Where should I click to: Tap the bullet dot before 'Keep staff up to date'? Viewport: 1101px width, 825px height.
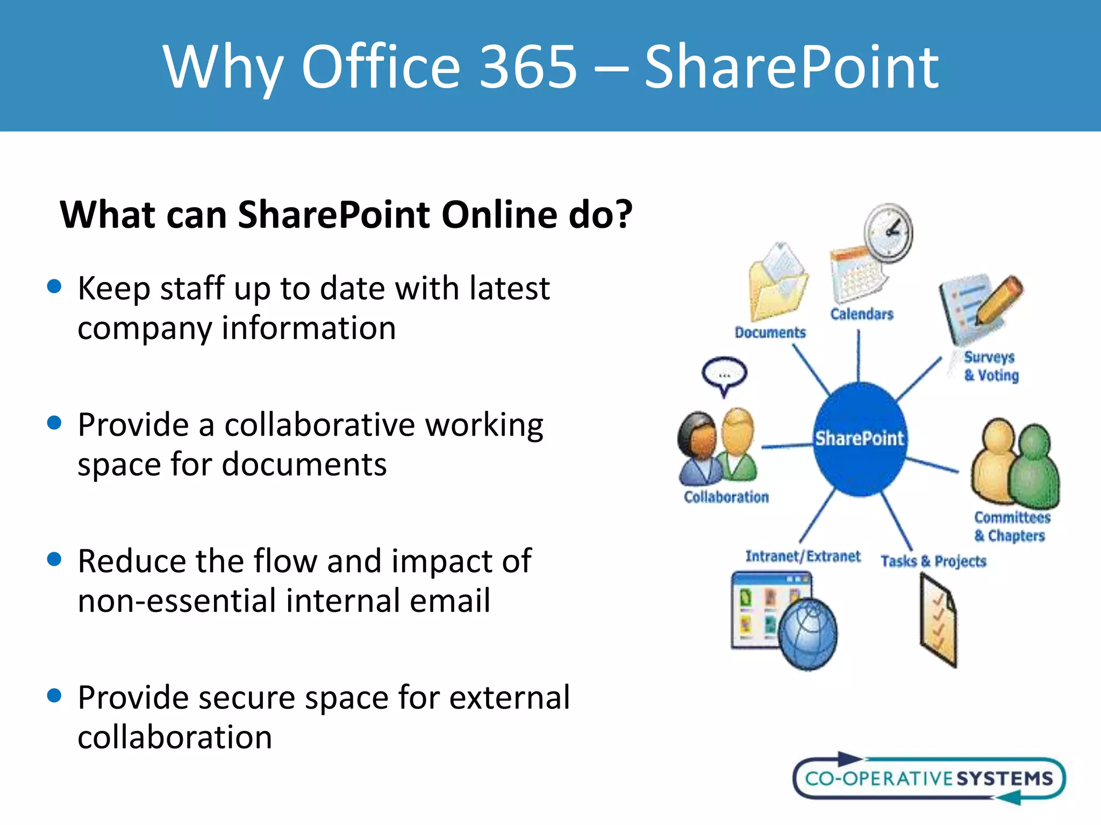[54, 286]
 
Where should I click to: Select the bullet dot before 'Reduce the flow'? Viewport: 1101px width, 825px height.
[54, 559]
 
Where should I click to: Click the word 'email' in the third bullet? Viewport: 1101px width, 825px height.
[449, 600]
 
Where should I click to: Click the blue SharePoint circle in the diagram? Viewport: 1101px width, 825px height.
[859, 439]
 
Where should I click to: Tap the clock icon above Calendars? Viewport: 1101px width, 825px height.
[888, 233]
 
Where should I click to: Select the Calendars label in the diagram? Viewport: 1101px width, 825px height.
[862, 314]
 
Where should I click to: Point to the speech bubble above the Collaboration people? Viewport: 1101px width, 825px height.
[724, 374]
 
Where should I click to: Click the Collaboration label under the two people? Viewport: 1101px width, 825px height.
[726, 497]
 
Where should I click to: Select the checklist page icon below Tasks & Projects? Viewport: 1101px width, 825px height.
[939, 620]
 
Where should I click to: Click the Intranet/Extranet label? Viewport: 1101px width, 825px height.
[802, 556]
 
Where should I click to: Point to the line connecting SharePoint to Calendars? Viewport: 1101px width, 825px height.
[858, 356]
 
